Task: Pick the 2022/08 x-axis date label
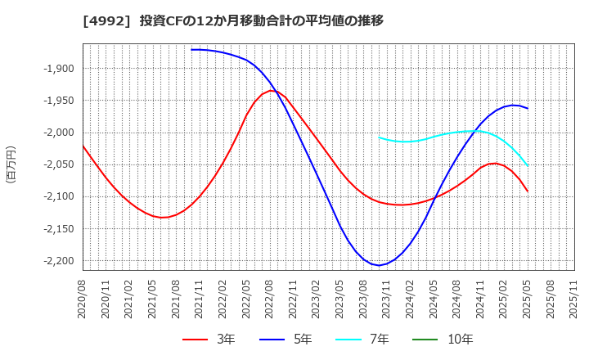click(x=269, y=300)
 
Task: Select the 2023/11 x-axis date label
click(x=387, y=300)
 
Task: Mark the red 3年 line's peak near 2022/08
click(x=272, y=90)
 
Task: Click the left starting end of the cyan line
click(x=379, y=137)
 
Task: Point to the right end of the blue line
click(x=528, y=108)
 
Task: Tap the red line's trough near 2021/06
click(x=163, y=218)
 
